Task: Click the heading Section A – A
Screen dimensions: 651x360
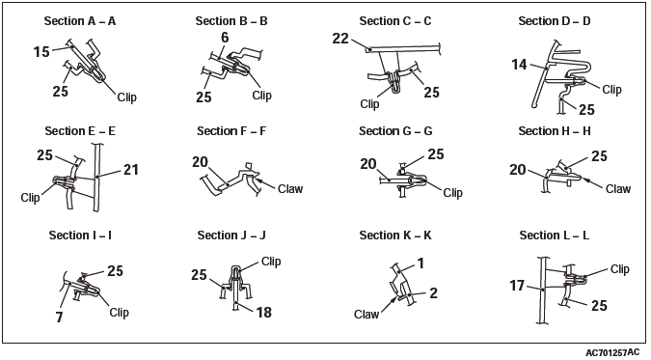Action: pos(80,21)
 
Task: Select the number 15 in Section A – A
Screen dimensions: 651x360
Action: pos(41,52)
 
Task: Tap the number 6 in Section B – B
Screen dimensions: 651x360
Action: pos(225,38)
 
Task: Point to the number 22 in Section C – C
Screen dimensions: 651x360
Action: pos(340,39)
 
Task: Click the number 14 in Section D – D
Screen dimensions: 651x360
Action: pos(519,65)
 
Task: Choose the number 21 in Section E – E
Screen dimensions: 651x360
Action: pos(131,170)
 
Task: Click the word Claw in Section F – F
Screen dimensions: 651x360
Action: pos(290,189)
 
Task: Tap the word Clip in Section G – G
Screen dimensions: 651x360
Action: pos(452,192)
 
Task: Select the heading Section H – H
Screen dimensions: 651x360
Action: pos(555,131)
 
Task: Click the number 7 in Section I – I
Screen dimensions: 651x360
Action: pos(60,318)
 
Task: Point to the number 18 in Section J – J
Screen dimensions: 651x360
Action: pos(264,312)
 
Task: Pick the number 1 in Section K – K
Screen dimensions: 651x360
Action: pos(420,263)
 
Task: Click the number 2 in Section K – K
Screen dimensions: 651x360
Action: pos(433,293)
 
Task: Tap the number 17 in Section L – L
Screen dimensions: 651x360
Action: pos(517,286)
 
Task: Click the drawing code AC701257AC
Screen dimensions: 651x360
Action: pos(612,353)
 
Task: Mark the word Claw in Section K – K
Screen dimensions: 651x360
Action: pos(366,315)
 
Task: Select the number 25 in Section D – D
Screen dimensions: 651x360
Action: pos(586,109)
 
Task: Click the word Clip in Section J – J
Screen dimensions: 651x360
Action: pos(271,261)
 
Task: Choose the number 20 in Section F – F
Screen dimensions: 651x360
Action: pos(200,162)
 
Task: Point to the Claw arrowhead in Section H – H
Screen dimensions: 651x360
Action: pos(584,180)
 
